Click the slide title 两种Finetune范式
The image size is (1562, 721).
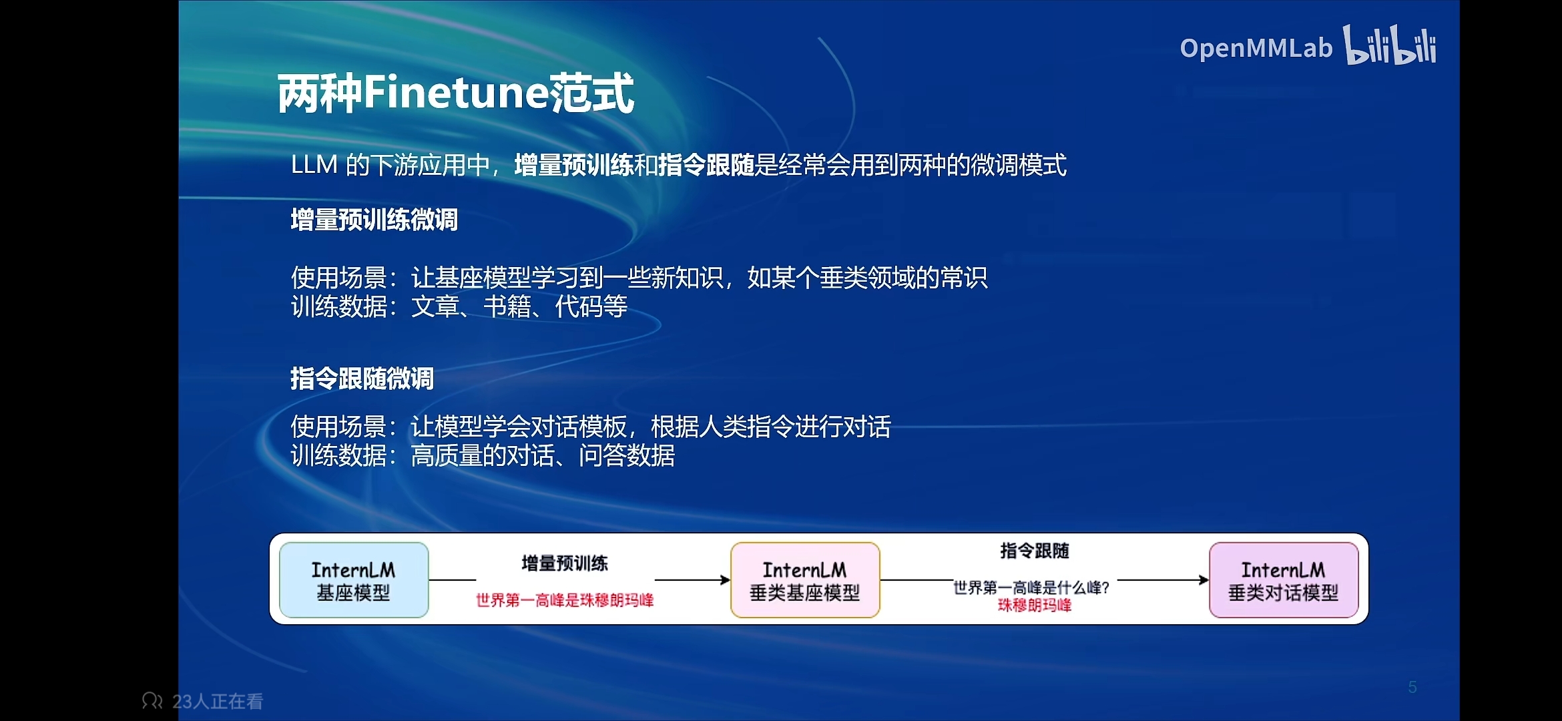tap(455, 93)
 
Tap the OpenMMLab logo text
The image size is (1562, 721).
tap(1256, 48)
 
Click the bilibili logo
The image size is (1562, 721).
tap(1390, 45)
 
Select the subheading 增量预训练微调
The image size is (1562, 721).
tap(374, 220)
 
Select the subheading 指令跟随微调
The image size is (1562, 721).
tap(362, 379)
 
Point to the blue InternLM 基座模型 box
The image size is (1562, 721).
tap(354, 579)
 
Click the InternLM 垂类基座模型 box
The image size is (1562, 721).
tap(805, 579)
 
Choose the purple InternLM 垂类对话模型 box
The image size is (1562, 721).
tap(1284, 579)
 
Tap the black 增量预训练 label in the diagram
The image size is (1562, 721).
tap(565, 563)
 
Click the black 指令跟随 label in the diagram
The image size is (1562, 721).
tap(1035, 551)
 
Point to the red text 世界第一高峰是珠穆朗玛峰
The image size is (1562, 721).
tap(565, 600)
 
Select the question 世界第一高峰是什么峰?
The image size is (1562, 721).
tap(1031, 587)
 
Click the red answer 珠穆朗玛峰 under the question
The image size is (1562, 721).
tap(1035, 606)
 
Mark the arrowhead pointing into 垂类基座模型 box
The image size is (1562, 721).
tap(726, 579)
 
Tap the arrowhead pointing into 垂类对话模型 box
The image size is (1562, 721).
tap(1204, 579)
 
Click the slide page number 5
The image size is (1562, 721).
tap(1412, 687)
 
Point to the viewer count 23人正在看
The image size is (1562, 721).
tap(218, 702)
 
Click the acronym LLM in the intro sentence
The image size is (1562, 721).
tap(314, 165)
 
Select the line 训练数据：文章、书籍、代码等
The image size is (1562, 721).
tap(459, 306)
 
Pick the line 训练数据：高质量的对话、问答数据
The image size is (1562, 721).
tap(483, 455)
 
